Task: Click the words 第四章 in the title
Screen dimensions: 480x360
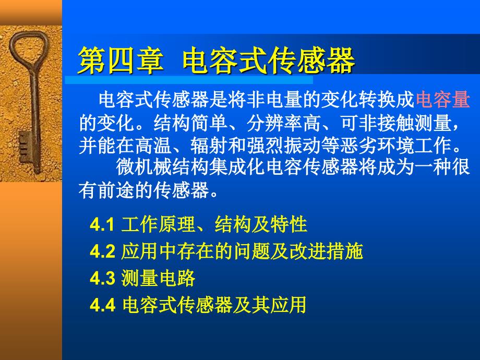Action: coord(121,61)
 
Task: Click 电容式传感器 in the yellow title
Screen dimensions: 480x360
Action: coord(269,61)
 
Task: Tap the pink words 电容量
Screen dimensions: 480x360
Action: coord(442,99)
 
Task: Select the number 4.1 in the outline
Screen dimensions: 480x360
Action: coord(102,225)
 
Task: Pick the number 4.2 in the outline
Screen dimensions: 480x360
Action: coord(103,251)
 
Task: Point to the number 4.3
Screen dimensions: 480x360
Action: coord(103,278)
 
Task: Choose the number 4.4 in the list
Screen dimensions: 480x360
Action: coord(103,305)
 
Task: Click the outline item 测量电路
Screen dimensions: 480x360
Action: coord(158,278)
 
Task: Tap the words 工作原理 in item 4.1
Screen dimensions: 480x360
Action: coord(158,224)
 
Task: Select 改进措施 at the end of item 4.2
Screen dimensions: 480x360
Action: coord(326,251)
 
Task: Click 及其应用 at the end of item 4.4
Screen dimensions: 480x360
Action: coord(269,305)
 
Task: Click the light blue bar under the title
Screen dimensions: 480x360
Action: coord(189,80)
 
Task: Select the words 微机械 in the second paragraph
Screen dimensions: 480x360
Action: coord(144,167)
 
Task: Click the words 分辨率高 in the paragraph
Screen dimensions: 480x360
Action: coord(284,123)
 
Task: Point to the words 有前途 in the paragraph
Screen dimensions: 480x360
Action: coord(106,190)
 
